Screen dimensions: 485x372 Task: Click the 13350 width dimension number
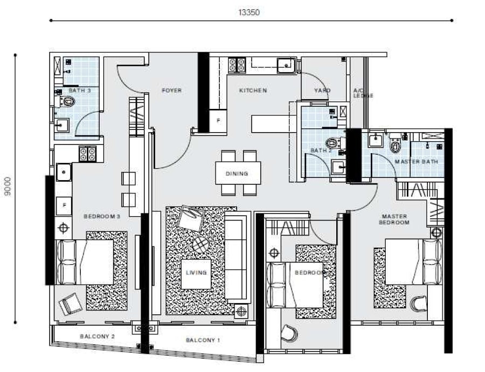tap(248, 12)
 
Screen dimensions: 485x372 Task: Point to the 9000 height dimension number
tap(8, 186)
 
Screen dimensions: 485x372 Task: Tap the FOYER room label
tap(172, 91)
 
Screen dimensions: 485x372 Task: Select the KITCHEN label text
tap(253, 91)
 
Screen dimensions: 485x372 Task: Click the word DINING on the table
tap(237, 174)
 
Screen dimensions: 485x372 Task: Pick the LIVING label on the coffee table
tap(196, 273)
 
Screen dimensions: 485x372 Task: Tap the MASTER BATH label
tap(417, 162)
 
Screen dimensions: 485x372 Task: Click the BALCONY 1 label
tap(203, 340)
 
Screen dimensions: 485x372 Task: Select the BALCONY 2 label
tap(97, 336)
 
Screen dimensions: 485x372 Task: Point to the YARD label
tap(322, 91)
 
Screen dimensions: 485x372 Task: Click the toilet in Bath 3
tap(66, 101)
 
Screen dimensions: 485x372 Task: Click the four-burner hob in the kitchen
tap(237, 65)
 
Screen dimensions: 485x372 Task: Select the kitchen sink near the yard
tap(286, 66)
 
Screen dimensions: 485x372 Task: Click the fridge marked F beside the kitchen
tap(218, 120)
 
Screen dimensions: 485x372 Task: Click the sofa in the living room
tap(237, 258)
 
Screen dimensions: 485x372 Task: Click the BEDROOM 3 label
tap(102, 216)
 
